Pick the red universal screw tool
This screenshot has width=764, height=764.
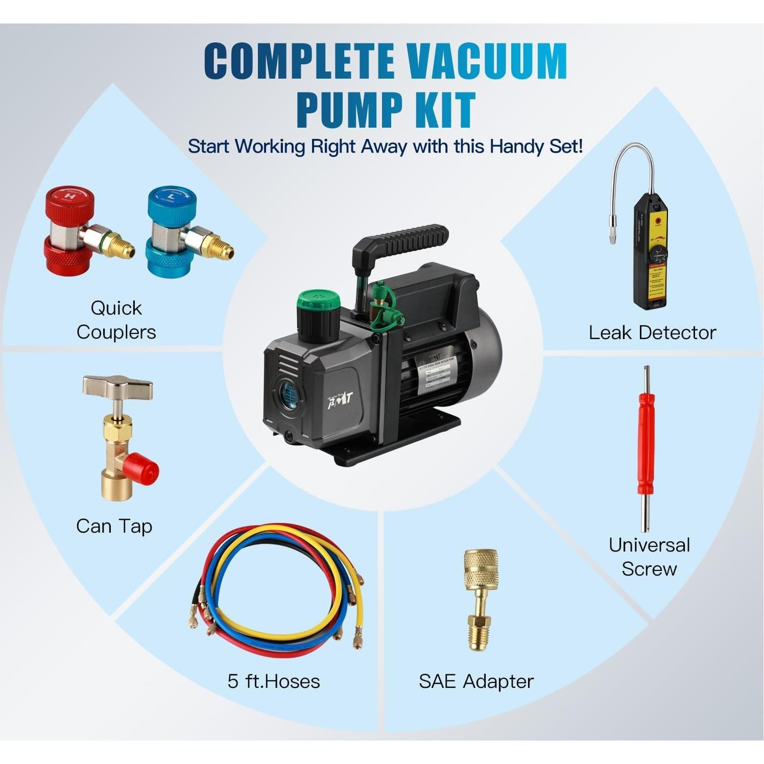[646, 449]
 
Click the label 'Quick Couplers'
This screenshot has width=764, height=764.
[116, 320]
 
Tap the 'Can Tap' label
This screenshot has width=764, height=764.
[114, 527]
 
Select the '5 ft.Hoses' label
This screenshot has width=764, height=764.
[274, 681]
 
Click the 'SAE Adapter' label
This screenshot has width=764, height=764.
[476, 681]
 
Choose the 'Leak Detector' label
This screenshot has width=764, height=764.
[652, 332]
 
